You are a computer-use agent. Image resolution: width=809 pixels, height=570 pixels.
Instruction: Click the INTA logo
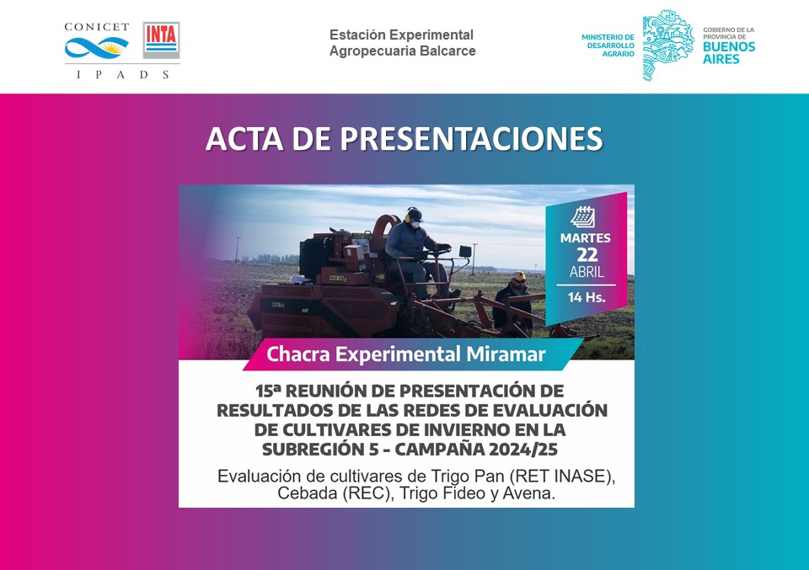point(161,40)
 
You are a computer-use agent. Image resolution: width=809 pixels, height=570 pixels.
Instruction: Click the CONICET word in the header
point(97,27)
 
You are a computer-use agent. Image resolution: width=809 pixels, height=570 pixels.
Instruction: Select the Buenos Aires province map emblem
point(668,45)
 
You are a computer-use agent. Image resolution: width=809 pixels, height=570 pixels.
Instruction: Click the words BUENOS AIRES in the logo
point(729,53)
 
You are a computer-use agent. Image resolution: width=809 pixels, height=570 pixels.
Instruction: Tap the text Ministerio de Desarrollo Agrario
point(608,45)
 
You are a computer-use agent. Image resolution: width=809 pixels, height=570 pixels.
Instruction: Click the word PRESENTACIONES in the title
point(456,139)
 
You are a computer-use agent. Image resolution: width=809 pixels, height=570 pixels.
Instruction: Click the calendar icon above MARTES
point(583,217)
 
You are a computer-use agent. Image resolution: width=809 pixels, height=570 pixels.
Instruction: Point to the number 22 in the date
point(586,255)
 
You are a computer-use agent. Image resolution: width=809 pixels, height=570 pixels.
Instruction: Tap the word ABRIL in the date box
point(586,273)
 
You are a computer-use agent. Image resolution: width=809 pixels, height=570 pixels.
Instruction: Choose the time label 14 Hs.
point(586,297)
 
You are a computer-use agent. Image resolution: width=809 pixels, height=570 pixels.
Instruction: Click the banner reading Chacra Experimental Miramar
point(405,354)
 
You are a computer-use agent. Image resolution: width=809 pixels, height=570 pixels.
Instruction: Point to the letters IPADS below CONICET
point(123,74)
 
